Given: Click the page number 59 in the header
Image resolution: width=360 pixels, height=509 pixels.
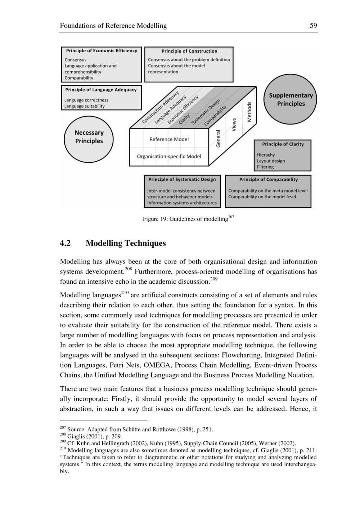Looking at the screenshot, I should [313, 26].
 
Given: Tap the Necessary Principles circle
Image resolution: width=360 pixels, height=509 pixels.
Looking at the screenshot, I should [89, 137].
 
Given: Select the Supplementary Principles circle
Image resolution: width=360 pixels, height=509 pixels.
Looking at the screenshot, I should [291, 100].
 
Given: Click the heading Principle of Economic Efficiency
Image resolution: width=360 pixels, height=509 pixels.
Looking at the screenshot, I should [102, 51].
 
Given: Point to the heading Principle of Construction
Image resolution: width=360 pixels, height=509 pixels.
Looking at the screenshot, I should [189, 51].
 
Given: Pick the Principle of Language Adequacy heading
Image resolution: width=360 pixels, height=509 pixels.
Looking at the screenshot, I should [101, 90].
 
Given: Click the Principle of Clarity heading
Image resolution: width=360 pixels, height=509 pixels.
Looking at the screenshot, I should [283, 144].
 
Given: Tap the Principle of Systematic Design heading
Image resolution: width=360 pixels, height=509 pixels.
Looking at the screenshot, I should [182, 180].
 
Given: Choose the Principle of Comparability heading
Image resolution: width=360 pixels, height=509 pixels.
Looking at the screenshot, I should [269, 180].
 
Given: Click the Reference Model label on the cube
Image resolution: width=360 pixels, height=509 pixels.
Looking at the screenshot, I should [169, 139].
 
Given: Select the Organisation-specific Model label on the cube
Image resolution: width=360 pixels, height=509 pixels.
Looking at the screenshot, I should [169, 157].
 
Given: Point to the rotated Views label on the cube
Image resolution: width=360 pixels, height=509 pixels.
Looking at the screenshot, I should [234, 125].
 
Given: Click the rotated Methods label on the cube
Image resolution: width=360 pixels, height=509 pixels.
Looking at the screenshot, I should [249, 112].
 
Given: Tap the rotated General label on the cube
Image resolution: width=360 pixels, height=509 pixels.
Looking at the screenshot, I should [218, 139].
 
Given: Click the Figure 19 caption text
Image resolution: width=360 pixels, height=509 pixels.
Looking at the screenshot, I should [185, 219].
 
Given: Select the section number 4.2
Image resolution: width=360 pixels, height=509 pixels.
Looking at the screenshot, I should [65, 243].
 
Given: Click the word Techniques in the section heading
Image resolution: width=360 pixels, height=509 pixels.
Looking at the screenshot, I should [145, 243].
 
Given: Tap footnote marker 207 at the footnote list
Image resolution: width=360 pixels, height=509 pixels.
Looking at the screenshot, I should [63, 428].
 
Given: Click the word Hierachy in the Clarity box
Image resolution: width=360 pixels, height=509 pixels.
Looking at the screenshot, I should [266, 155].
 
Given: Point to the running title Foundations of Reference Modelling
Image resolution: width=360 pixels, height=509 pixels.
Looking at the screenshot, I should [113, 26].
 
